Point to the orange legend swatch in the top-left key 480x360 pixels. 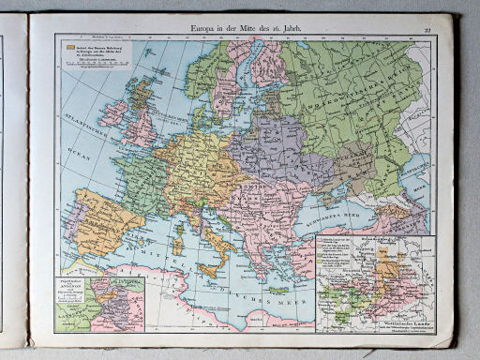pyautogui.click(x=68, y=45)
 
